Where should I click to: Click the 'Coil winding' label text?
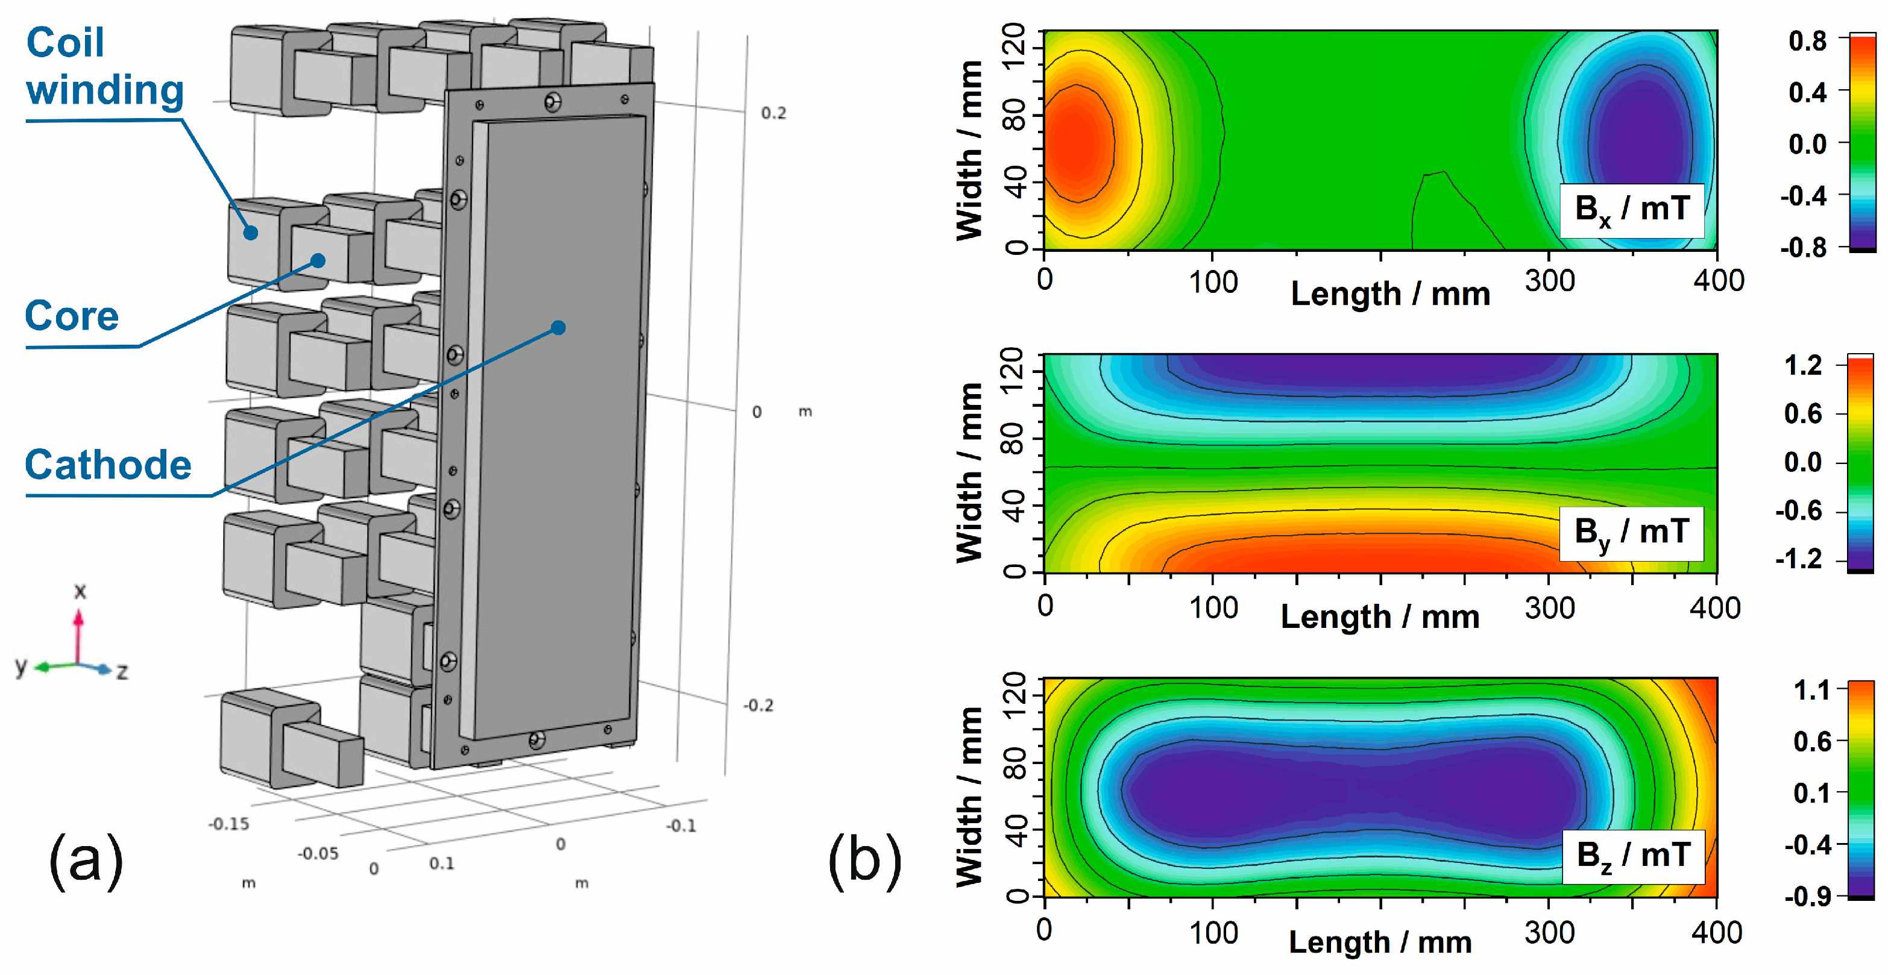(x=104, y=66)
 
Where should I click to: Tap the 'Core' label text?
(x=72, y=316)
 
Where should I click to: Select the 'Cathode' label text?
(x=109, y=465)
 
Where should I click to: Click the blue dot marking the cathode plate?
(x=558, y=327)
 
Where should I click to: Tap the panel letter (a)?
(x=86, y=861)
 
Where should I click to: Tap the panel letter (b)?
(x=865, y=861)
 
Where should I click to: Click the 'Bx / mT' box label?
(x=1631, y=210)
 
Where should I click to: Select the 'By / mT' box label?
(x=1631, y=533)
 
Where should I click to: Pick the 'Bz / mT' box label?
(x=1633, y=856)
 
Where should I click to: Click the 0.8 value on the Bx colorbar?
(x=1807, y=41)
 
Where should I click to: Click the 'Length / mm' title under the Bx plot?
(x=1390, y=295)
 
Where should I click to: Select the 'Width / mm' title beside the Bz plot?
(x=969, y=797)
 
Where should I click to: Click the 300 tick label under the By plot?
(x=1549, y=608)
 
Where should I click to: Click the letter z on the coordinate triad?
(x=122, y=671)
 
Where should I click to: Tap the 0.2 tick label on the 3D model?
(x=773, y=113)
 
